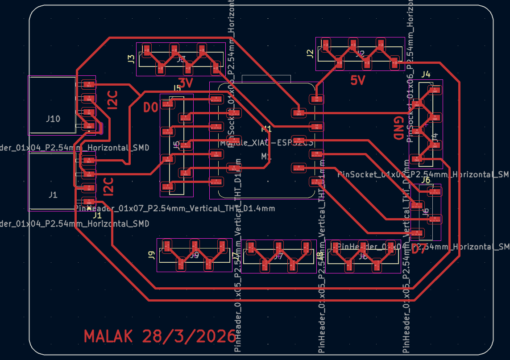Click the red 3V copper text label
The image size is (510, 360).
[x=185, y=83]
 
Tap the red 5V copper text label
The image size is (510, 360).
[x=358, y=81]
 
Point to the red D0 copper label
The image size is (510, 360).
[x=150, y=108]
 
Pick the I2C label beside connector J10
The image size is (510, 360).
[x=112, y=100]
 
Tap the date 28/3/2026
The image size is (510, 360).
[x=189, y=337]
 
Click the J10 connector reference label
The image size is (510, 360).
[x=53, y=119]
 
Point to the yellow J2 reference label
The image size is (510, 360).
[x=310, y=54]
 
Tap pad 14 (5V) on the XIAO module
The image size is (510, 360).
[x=316, y=98]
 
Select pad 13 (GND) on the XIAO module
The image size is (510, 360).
[x=299, y=112]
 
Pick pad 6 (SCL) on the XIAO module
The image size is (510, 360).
[x=233, y=168]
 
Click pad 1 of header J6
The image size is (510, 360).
[x=433, y=191]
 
